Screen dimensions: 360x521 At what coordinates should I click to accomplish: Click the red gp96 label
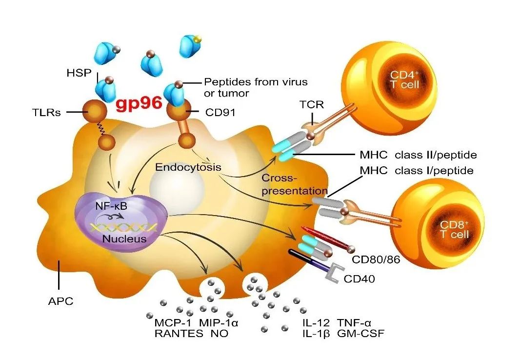click(x=139, y=105)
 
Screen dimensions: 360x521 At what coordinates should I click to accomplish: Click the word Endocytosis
click(x=188, y=167)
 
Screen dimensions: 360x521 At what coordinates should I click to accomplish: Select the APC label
click(x=60, y=301)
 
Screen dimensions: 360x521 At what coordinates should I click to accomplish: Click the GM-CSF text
click(x=361, y=334)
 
